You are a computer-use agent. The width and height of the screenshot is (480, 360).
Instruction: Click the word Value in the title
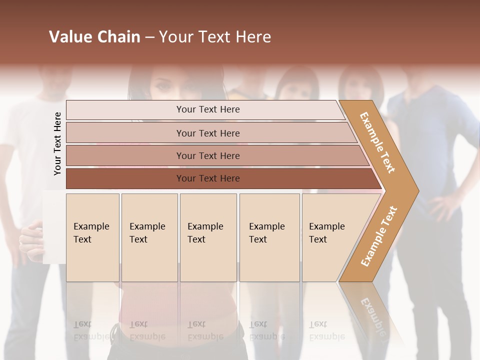point(69,37)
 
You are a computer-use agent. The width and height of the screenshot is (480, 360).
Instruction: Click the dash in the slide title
point(149,37)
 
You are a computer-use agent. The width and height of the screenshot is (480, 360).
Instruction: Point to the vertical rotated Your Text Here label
point(57,143)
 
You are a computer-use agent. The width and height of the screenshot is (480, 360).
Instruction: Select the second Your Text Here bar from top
point(207,133)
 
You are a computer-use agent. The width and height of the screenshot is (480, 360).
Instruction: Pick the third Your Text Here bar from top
point(207,155)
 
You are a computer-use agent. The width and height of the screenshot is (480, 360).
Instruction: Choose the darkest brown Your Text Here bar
point(207,178)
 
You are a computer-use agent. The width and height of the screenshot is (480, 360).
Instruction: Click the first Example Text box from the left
point(92,237)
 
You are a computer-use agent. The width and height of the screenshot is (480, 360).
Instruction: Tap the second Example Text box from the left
point(149,237)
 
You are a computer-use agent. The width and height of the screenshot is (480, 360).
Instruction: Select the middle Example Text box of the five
point(208,237)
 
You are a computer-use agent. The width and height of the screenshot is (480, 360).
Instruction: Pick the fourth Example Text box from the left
point(269,237)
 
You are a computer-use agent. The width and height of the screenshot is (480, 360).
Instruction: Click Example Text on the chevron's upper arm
point(377,142)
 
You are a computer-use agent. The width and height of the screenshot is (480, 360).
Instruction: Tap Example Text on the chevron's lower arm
point(379,236)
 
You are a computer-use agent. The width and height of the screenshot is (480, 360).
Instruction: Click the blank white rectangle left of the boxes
point(54,227)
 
